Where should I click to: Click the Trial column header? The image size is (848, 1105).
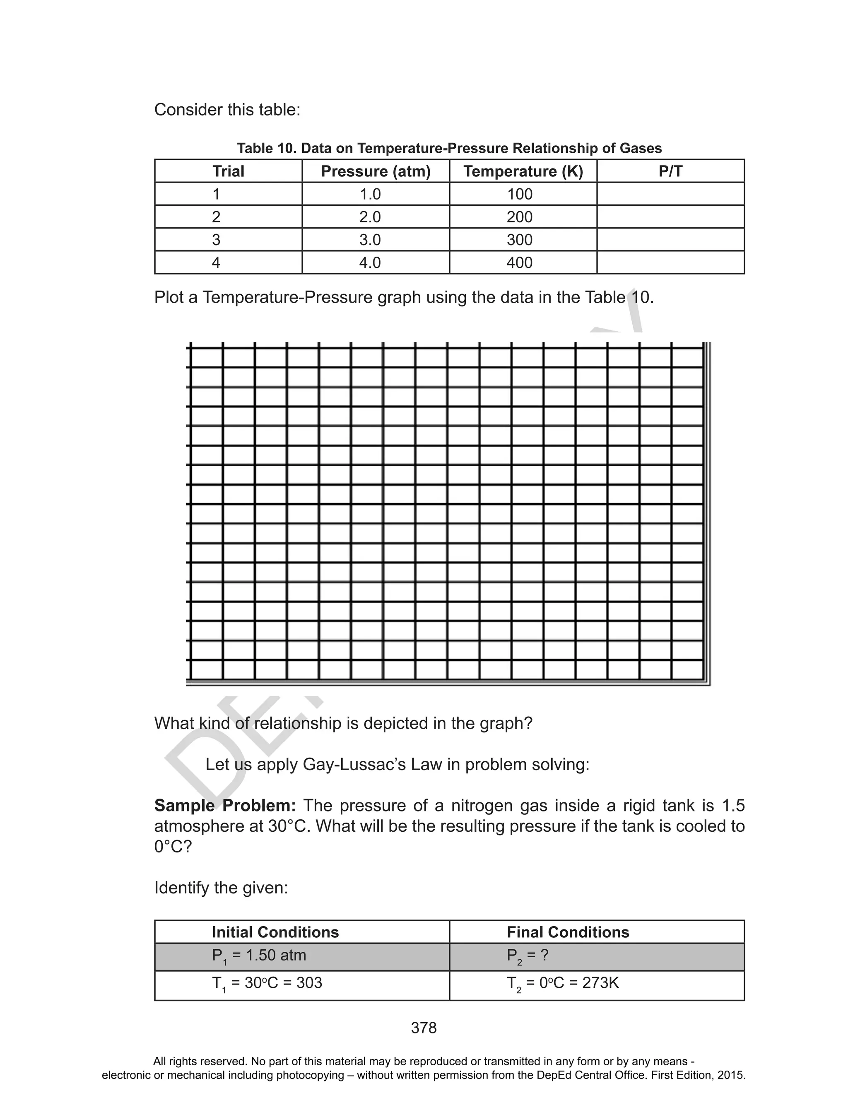(228, 171)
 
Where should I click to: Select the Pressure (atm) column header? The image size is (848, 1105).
(376, 171)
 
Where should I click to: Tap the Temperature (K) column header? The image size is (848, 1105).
(523, 171)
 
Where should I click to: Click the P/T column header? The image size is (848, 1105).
(670, 171)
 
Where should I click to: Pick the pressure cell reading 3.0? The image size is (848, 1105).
(370, 240)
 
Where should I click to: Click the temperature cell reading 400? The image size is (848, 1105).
(519, 262)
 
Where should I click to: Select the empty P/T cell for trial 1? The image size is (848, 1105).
(670, 194)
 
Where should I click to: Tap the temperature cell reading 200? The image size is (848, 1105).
(519, 217)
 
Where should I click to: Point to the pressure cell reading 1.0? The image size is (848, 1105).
(370, 194)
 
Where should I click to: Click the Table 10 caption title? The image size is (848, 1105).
(449, 148)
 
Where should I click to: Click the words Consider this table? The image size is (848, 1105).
(227, 109)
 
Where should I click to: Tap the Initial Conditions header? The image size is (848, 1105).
(275, 932)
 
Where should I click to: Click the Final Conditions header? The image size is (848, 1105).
(568, 932)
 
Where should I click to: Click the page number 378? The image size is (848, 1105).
(424, 1028)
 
